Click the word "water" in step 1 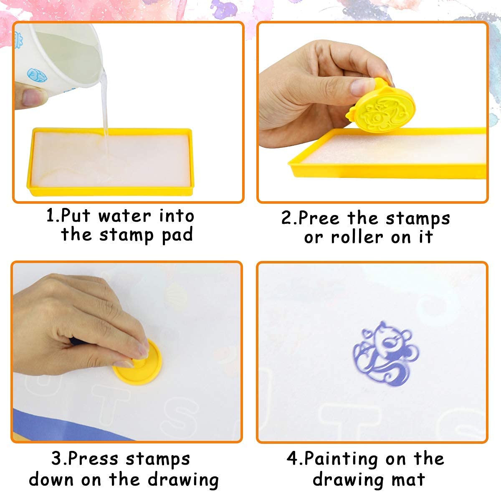pyautogui.click(x=125, y=216)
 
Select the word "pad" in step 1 pyautogui.click(x=177, y=235)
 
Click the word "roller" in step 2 pyautogui.click(x=357, y=238)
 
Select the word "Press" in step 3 pyautogui.click(x=94, y=459)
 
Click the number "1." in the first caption pyautogui.click(x=53, y=216)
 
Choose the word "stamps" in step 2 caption pyautogui.click(x=417, y=218)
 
